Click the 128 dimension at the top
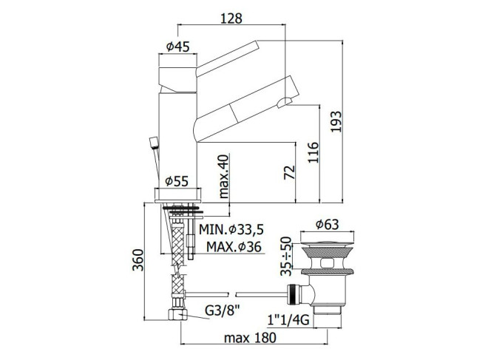pyautogui.click(x=231, y=18)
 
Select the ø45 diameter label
pyautogui.click(x=178, y=47)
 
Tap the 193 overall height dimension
pyautogui.click(x=336, y=121)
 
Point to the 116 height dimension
pyautogui.click(x=313, y=152)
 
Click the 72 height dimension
pyautogui.click(x=289, y=172)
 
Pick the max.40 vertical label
pyautogui.click(x=223, y=176)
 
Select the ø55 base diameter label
pyautogui.click(x=177, y=181)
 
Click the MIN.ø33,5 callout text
pyautogui.click(x=231, y=229)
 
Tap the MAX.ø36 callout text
pyautogui.click(x=234, y=247)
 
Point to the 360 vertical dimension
pyautogui.click(x=138, y=259)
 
